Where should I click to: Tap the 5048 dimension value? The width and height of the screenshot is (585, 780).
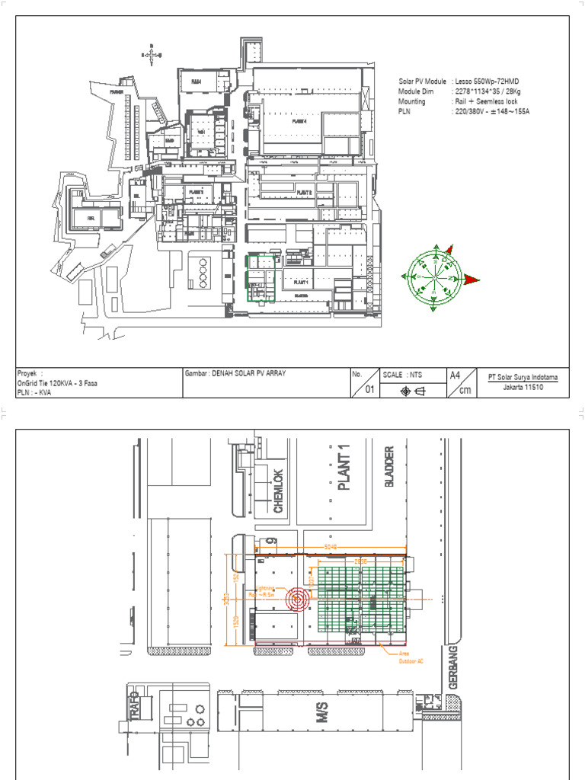(x=329, y=547)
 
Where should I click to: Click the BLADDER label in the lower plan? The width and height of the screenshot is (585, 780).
(x=390, y=466)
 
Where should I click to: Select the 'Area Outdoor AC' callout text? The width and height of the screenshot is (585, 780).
(x=411, y=657)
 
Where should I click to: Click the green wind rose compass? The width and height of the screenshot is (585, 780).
(x=433, y=279)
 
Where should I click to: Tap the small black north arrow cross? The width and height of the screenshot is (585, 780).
(x=152, y=55)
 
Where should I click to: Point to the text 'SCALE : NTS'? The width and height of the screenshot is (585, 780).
(x=403, y=375)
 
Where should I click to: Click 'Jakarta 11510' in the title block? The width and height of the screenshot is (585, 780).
(x=519, y=387)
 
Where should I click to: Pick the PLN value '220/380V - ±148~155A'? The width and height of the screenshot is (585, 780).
(x=492, y=111)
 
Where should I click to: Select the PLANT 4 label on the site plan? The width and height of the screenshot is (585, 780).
(x=302, y=120)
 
